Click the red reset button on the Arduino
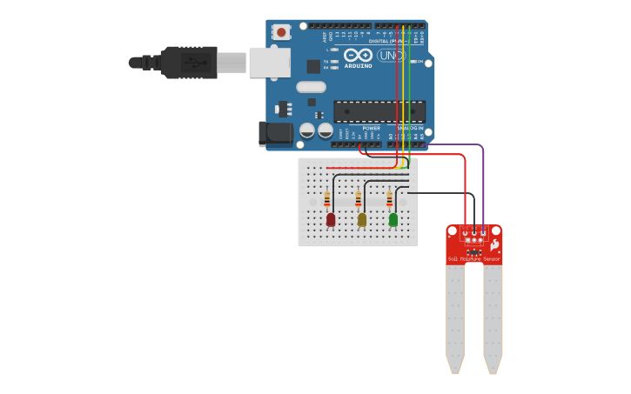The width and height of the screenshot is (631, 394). [x=281, y=32]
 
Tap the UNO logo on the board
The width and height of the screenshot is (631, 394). [x=390, y=56]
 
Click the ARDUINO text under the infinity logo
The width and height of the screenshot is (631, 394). [x=358, y=66]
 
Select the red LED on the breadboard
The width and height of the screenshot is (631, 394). [x=331, y=219]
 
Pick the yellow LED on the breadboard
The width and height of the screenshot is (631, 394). [x=362, y=219]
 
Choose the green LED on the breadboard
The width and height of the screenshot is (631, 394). [x=393, y=219]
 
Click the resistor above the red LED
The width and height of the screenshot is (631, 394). [x=327, y=200]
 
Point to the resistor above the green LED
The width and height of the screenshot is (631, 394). [x=389, y=200]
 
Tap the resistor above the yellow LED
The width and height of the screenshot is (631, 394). [x=358, y=200]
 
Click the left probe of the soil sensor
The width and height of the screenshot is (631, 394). [x=455, y=317]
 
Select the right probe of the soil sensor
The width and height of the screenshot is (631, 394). [x=493, y=317]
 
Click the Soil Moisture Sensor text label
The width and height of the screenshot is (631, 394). [x=473, y=259]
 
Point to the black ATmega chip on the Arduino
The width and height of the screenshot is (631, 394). [x=379, y=111]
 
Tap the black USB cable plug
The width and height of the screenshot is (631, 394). [x=188, y=63]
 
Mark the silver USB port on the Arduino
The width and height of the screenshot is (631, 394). [x=269, y=63]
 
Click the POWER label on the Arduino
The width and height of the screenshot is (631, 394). [x=372, y=128]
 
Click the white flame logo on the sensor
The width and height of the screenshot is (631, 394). [x=494, y=246]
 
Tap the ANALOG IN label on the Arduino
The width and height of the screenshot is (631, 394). [x=410, y=128]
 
